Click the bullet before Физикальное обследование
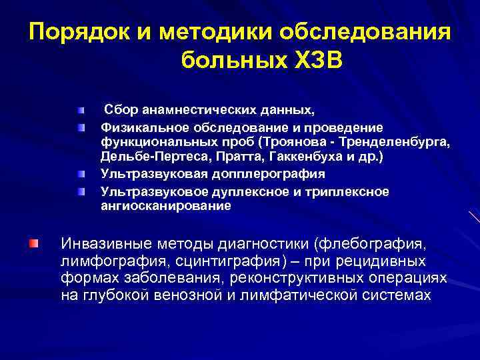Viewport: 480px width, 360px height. (x=81, y=127)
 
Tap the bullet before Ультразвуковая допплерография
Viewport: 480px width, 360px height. (x=81, y=174)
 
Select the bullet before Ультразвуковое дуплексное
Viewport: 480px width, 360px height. (x=81, y=192)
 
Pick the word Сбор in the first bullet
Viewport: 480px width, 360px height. (x=119, y=109)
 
